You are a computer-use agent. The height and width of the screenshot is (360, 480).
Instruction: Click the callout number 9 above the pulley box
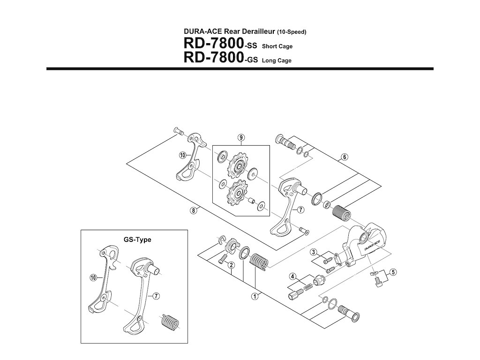point(240,137)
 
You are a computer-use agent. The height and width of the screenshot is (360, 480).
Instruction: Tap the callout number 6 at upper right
point(344,157)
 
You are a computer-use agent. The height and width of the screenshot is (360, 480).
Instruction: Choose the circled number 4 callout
point(292,276)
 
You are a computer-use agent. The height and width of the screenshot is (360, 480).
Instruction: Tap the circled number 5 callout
point(393,271)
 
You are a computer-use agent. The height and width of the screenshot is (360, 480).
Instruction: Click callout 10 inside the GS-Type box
point(93,277)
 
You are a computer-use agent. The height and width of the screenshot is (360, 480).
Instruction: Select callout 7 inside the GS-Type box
point(155,296)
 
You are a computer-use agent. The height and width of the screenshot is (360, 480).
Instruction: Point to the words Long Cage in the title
point(277,60)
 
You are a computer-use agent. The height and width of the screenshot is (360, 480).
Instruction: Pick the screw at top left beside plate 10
point(179,131)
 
